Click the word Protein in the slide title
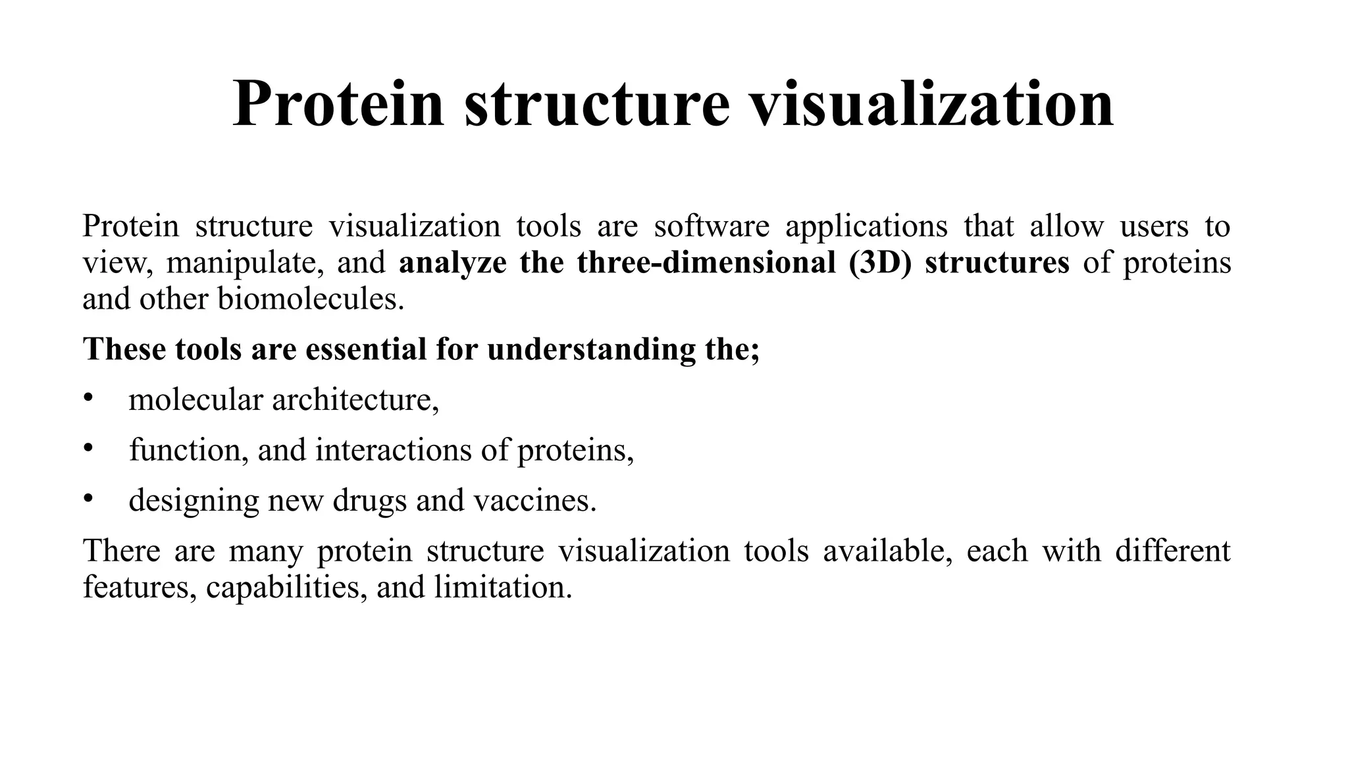tap(338, 104)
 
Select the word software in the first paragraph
tap(712, 226)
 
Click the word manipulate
tap(246, 263)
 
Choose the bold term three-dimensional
tap(706, 263)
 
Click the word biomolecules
tap(311, 299)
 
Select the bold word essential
tap(366, 349)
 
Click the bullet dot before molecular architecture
tap(88, 398)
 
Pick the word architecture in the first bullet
tap(355, 399)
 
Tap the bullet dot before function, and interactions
tap(88, 448)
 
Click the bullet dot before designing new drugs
tap(88, 498)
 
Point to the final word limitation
tap(503, 586)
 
